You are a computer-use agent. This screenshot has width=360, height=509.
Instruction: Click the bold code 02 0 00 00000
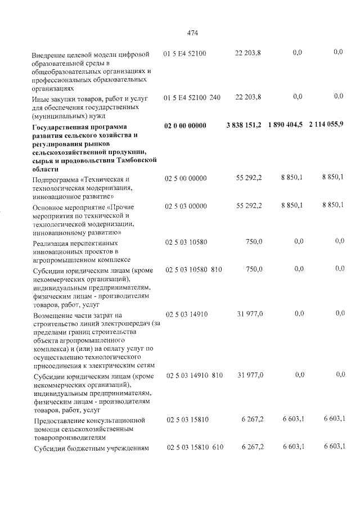(186, 125)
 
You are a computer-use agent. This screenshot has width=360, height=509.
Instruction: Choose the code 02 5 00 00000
(186, 178)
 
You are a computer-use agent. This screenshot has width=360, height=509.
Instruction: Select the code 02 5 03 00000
(186, 206)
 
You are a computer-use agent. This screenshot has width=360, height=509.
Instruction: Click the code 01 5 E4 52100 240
(192, 97)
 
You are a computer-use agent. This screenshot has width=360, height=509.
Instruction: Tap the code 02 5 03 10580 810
(194, 269)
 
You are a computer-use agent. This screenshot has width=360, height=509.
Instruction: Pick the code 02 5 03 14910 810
(194, 374)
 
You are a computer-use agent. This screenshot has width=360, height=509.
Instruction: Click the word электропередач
(116, 324)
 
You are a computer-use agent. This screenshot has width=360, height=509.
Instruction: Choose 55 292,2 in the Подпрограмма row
(247, 178)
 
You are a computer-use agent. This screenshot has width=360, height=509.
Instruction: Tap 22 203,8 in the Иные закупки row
(247, 97)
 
